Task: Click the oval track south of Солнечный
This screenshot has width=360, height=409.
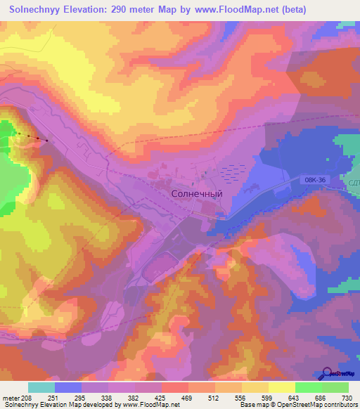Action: coord(160,268)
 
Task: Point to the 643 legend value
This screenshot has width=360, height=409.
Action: coord(294,398)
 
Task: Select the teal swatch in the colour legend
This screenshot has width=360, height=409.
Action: coord(41,387)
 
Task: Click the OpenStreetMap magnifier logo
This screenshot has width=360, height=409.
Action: coord(328,373)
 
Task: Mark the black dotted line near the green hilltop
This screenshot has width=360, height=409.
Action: coord(31,136)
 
